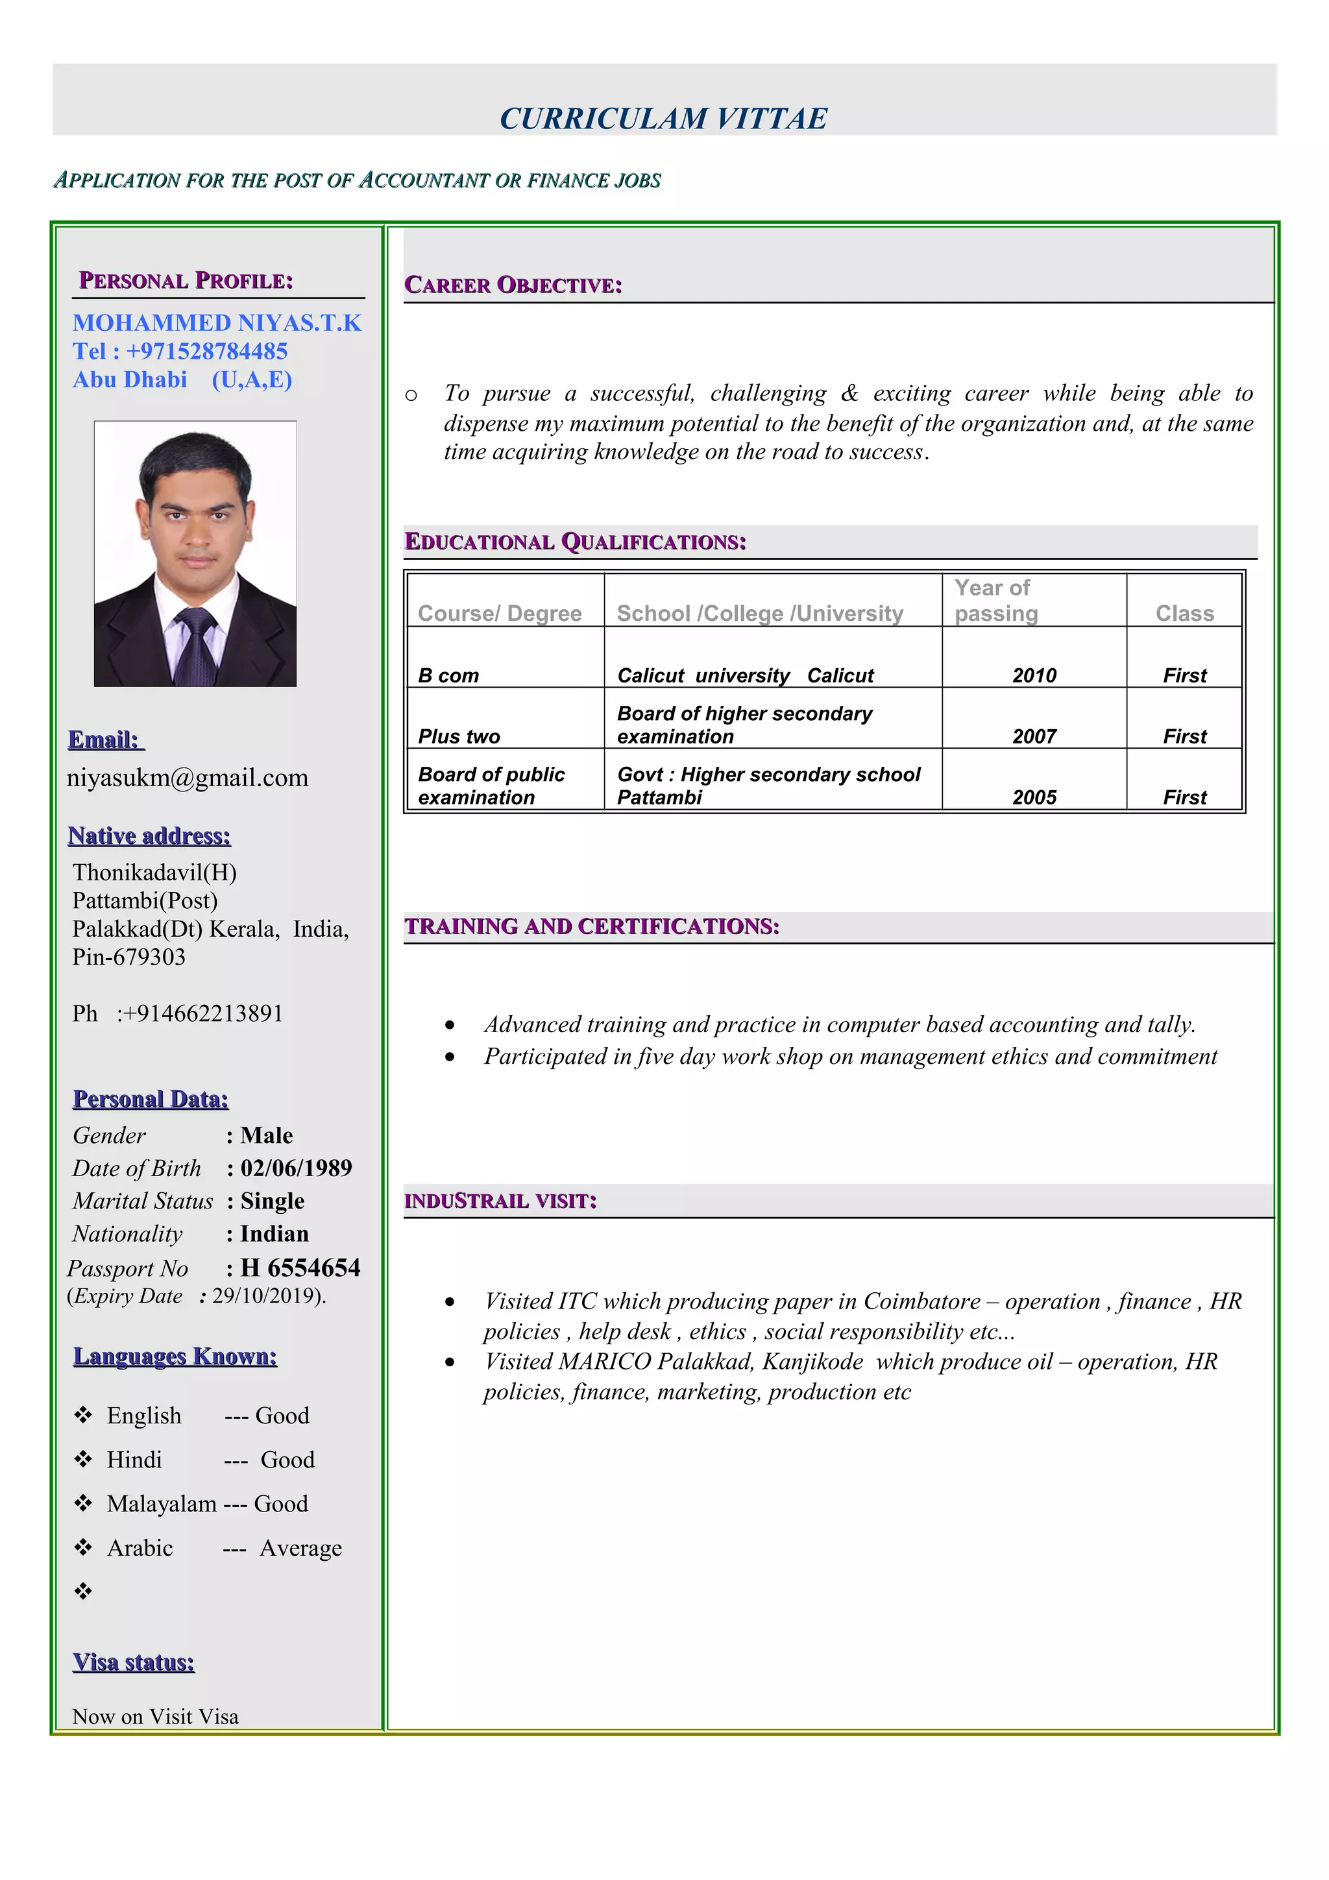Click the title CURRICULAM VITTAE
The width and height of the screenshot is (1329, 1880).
[663, 119]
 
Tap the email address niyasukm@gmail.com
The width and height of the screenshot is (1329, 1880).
[188, 777]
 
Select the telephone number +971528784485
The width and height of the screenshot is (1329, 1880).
[206, 351]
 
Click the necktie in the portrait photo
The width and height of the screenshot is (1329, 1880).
[197, 647]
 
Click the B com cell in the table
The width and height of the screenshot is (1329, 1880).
[448, 675]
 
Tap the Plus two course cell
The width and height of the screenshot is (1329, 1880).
[459, 736]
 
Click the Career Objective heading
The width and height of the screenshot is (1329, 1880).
[513, 285]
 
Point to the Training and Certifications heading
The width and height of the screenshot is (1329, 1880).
[591, 926]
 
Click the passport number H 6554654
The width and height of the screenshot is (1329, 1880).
[300, 1268]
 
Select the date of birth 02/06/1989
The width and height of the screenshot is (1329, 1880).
[296, 1168]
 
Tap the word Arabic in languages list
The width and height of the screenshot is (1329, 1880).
[140, 1548]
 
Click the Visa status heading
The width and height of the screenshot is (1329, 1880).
[134, 1661]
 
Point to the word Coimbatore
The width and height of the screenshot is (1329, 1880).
[921, 1301]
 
